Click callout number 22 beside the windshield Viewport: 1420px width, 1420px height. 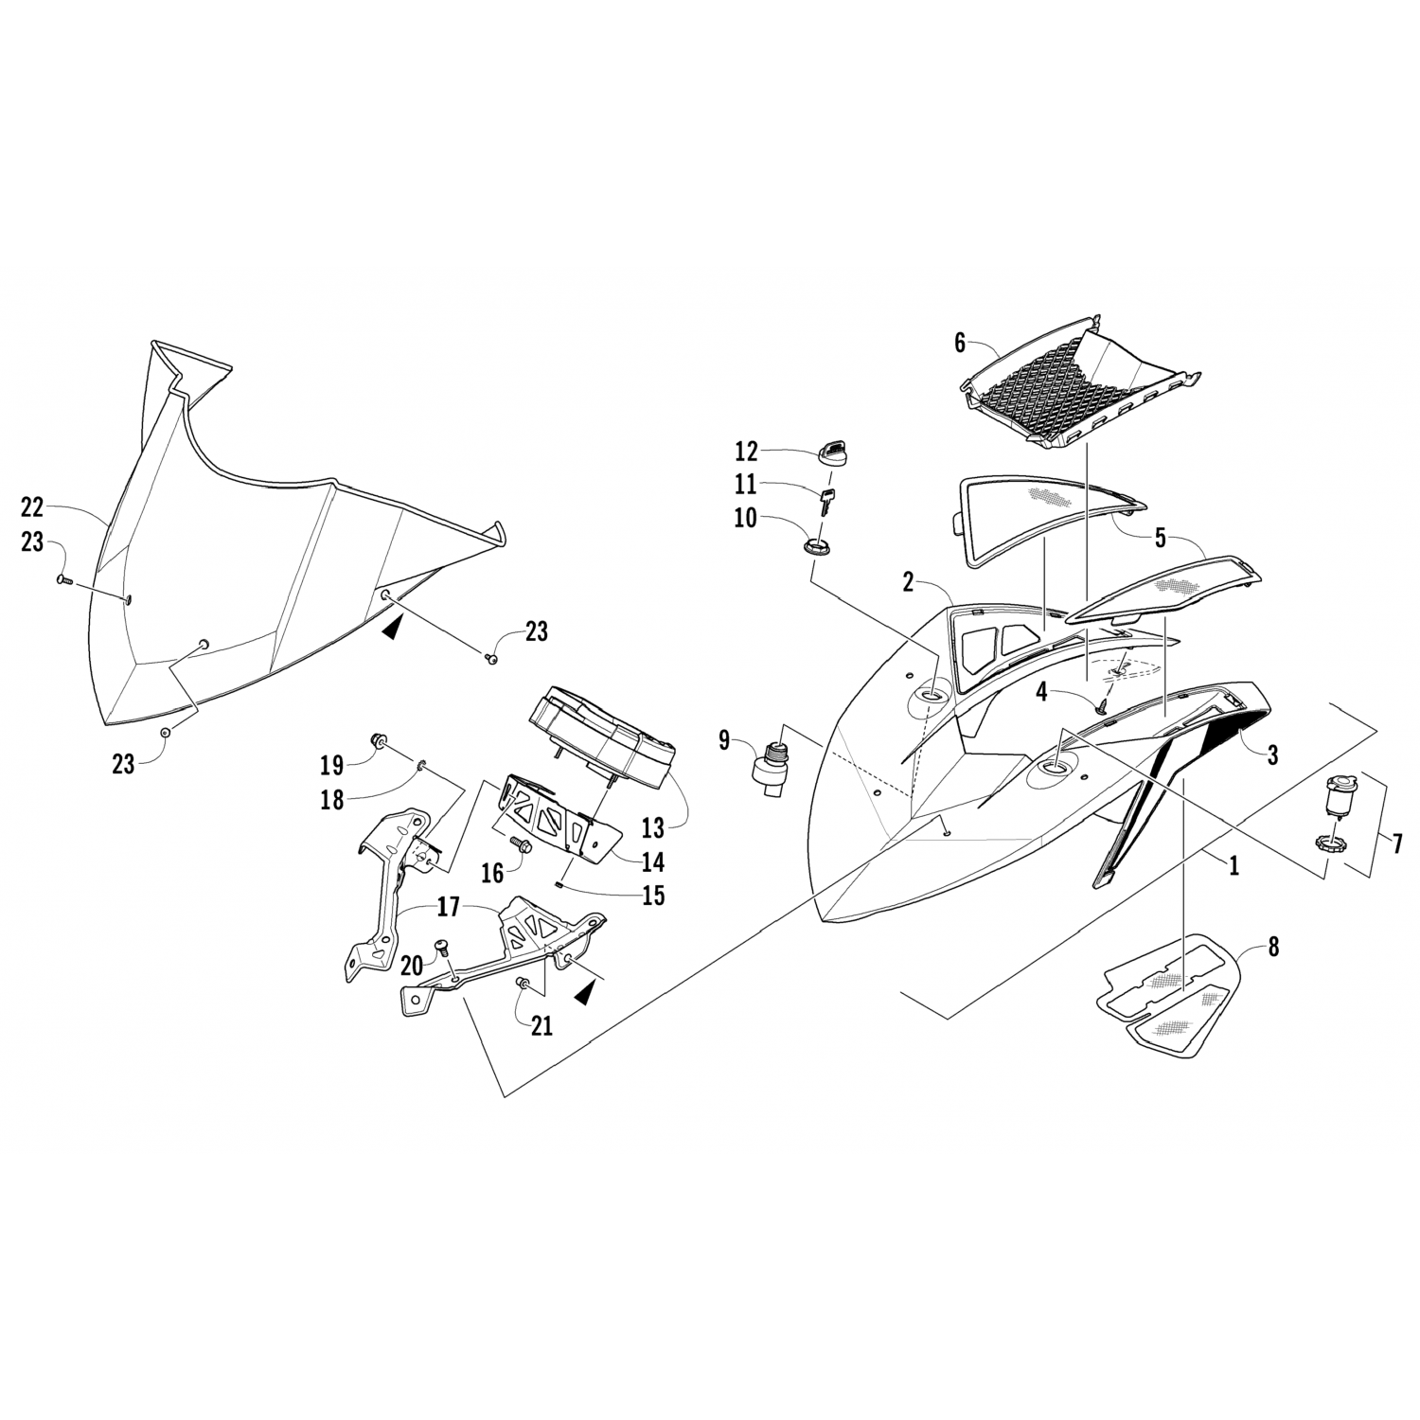click(x=32, y=507)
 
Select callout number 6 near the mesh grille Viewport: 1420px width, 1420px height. click(x=960, y=344)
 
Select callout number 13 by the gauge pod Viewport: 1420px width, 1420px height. click(x=652, y=828)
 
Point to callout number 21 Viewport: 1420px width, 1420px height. click(x=541, y=1025)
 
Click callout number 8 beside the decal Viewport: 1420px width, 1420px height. click(x=1272, y=946)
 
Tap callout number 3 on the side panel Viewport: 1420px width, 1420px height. click(x=1272, y=754)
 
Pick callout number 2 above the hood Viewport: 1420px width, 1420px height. click(x=908, y=582)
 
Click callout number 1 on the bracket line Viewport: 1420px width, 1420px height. click(x=1234, y=864)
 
